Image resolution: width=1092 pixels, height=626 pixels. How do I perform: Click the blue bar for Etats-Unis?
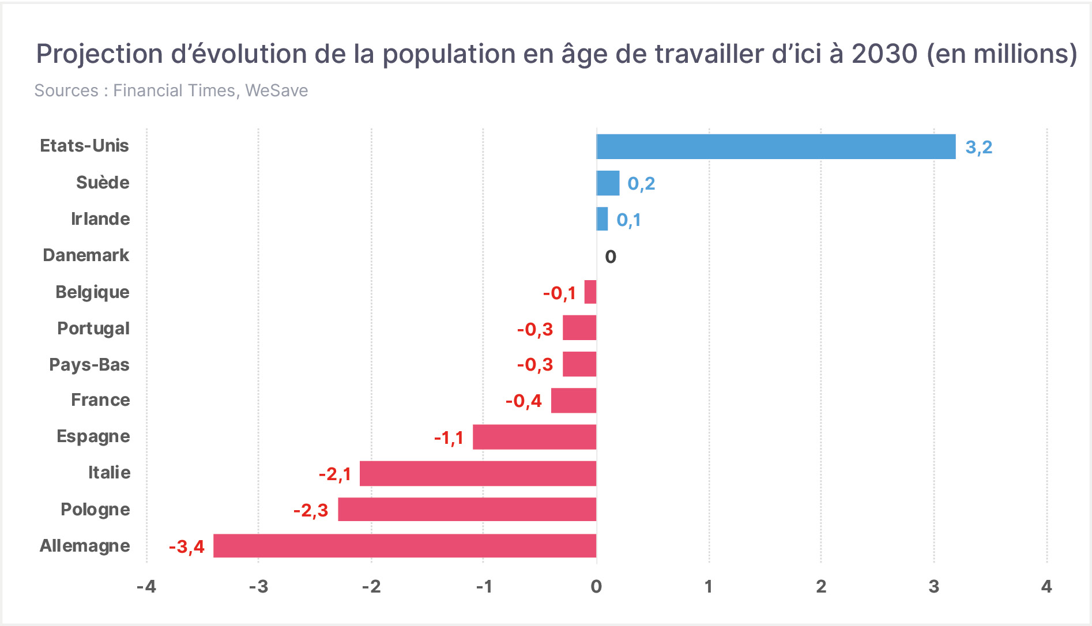[776, 146]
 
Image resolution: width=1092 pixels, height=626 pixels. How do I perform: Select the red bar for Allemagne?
[405, 546]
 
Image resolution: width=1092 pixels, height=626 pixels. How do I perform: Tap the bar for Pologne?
[467, 510]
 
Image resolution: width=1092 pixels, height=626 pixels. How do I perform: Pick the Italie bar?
[478, 473]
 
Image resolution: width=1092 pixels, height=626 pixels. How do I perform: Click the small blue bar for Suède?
[608, 183]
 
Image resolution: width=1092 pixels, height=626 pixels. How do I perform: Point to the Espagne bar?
[534, 437]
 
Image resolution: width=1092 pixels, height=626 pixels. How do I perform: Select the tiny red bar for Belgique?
[590, 292]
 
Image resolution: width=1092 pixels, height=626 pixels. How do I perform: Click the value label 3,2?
[979, 148]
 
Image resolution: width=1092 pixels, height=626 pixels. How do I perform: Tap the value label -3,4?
[187, 547]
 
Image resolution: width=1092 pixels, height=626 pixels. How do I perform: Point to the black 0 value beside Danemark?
[611, 257]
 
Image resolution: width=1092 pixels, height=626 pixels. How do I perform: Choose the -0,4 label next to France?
[524, 401]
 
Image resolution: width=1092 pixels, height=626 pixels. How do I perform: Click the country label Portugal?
[93, 329]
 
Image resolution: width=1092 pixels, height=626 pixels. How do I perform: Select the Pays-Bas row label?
[89, 365]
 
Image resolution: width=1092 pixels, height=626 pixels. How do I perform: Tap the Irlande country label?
[100, 219]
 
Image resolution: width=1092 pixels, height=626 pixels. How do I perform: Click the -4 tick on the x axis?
[146, 587]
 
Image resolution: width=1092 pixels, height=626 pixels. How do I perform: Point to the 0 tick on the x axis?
[596, 587]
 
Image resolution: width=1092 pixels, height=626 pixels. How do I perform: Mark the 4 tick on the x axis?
[1046, 587]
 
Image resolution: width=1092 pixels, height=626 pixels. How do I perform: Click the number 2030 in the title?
[884, 54]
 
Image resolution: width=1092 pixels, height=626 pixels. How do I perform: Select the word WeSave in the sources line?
[276, 90]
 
